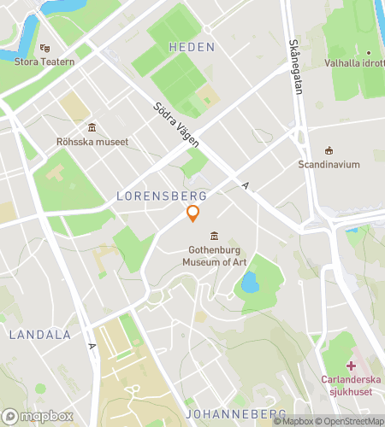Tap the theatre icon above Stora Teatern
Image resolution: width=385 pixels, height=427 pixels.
(44, 48)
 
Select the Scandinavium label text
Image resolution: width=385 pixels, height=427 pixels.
(329, 164)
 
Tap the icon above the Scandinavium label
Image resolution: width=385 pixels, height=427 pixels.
(329, 150)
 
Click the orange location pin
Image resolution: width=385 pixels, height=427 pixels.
(193, 213)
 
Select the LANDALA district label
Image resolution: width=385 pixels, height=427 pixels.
(39, 335)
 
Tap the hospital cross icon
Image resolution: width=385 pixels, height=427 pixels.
(351, 365)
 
